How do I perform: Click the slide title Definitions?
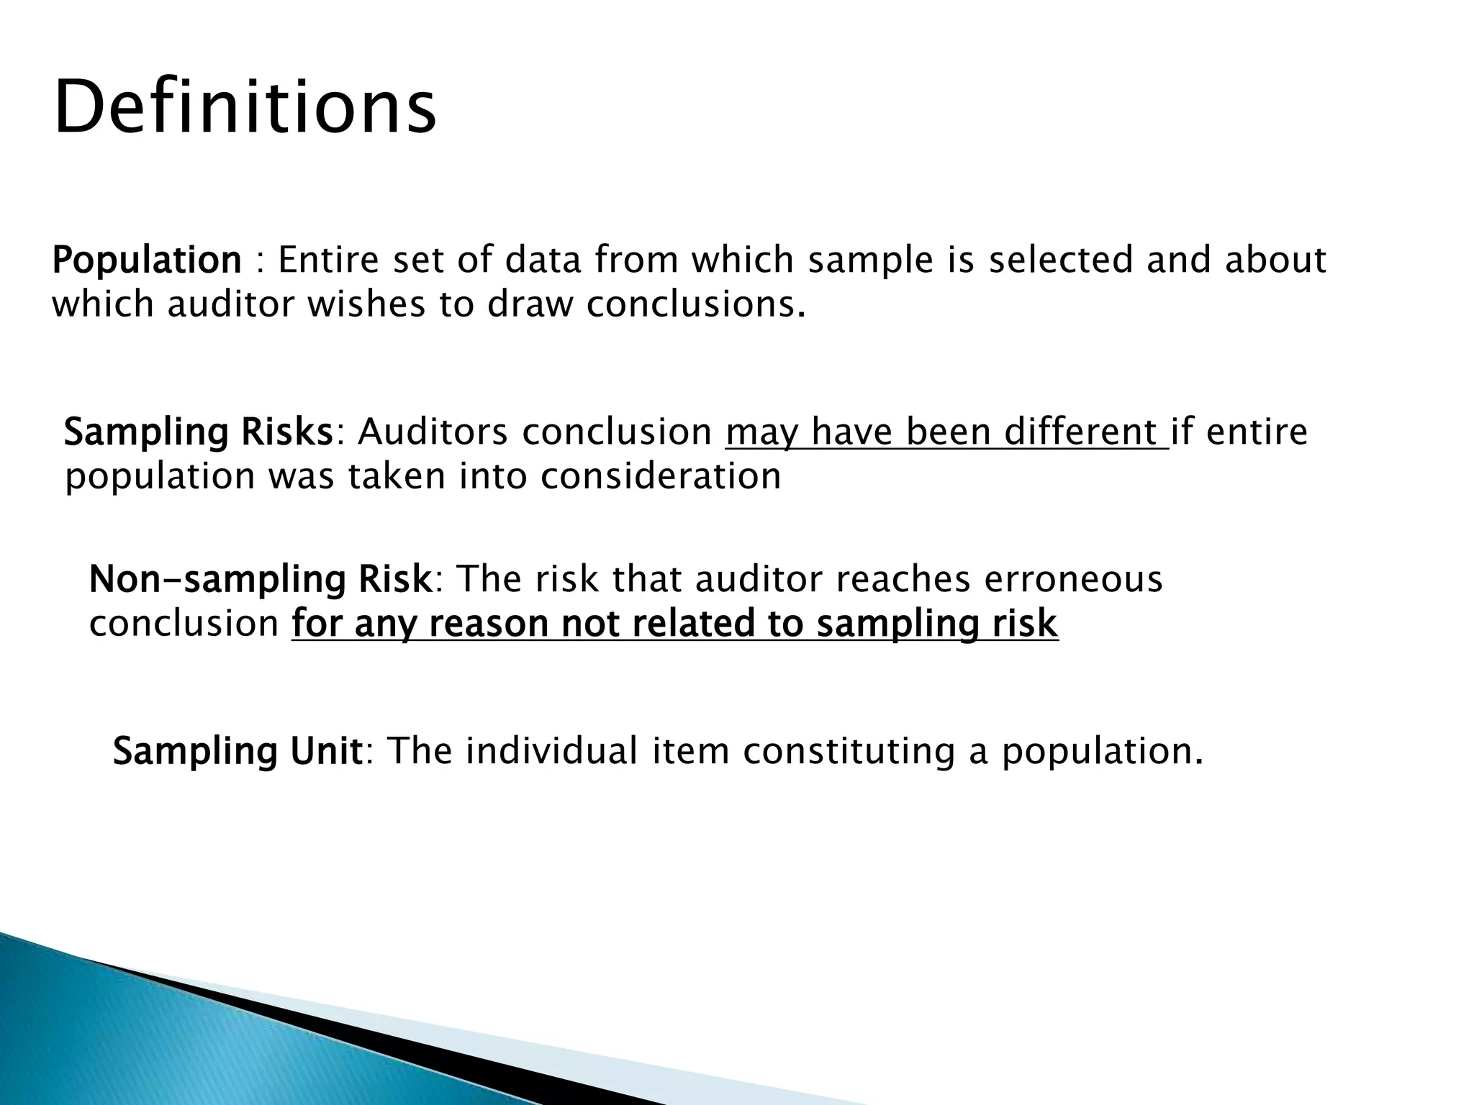click(245, 109)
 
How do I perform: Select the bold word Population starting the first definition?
click(147, 260)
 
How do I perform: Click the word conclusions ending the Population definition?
click(694, 305)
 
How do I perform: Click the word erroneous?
click(1072, 580)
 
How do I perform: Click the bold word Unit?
click(325, 752)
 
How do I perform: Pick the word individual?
click(551, 752)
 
